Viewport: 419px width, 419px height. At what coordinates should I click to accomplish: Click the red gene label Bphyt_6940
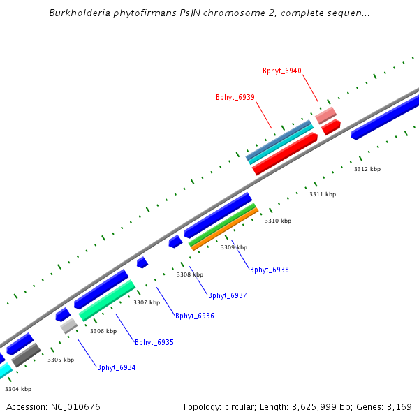pos(282,71)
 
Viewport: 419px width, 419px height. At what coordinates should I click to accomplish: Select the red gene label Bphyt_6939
pos(235,97)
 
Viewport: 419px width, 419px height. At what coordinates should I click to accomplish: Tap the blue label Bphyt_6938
pos(270,270)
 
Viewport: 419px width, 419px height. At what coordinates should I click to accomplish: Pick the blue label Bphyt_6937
pos(228,295)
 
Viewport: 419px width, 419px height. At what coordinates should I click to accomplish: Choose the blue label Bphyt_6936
pos(195,316)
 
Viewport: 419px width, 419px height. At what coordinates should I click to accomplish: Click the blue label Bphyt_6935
pos(154,342)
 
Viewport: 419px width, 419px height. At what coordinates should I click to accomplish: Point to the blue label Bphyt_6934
pos(117,367)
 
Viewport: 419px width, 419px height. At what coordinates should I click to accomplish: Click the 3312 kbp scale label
pos(367,169)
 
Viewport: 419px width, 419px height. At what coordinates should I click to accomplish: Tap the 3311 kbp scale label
pos(323,194)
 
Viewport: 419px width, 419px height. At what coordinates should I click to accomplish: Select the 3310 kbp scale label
pos(278,221)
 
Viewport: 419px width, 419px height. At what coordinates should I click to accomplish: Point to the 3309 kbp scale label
pos(234,247)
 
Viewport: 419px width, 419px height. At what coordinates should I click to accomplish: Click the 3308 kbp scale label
pos(190,274)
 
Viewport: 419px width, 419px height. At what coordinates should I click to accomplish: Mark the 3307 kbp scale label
pos(147,302)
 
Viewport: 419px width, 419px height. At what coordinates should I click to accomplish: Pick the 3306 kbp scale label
pos(103,331)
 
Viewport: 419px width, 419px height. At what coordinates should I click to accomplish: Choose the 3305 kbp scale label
pos(61,360)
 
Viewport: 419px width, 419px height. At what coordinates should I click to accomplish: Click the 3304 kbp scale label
pos(18,389)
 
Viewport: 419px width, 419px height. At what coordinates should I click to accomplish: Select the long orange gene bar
pos(225,229)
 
